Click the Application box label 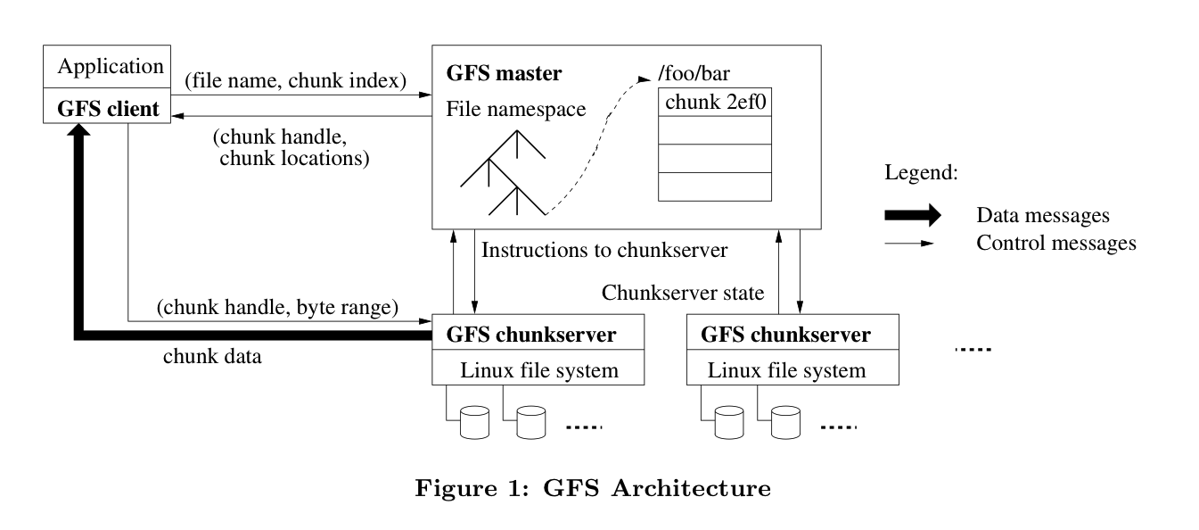[x=111, y=67]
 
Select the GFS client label [x=109, y=109]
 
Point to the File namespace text [x=515, y=111]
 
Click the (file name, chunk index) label [x=295, y=80]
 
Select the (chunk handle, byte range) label [x=275, y=308]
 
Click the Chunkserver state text [x=684, y=292]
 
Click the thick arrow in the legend [x=912, y=215]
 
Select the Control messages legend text [x=1056, y=243]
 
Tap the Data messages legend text [x=1043, y=215]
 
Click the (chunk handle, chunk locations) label [x=291, y=150]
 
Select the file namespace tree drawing [x=501, y=174]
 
